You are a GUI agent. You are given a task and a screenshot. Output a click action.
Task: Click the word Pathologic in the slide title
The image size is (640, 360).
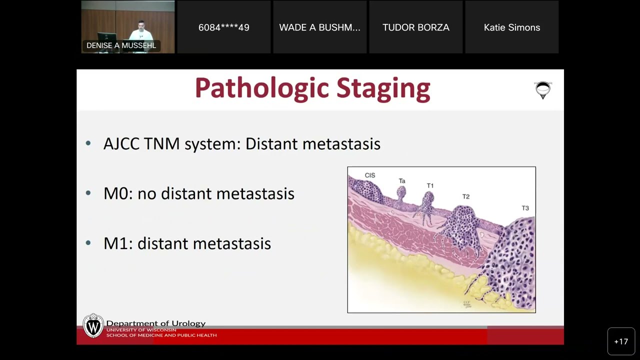click(x=262, y=88)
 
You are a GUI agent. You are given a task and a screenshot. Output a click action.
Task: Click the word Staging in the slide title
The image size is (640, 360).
click(x=383, y=88)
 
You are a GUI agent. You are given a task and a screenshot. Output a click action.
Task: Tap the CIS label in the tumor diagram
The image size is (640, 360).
click(x=370, y=175)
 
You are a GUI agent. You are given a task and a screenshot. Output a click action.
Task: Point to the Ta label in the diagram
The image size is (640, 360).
click(x=402, y=181)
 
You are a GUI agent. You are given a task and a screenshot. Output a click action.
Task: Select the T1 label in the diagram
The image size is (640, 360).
click(x=430, y=186)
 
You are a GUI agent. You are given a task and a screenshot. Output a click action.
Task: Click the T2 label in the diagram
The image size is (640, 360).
click(x=466, y=196)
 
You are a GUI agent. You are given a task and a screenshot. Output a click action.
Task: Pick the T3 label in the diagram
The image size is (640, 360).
click(x=525, y=208)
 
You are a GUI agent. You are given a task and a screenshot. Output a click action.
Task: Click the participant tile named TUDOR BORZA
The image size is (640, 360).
click(x=416, y=27)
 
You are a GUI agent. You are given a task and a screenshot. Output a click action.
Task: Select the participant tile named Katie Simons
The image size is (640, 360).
click(x=512, y=27)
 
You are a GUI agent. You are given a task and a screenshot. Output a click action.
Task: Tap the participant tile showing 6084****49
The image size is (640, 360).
click(x=224, y=27)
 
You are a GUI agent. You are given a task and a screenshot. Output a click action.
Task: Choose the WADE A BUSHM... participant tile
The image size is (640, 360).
click(x=320, y=27)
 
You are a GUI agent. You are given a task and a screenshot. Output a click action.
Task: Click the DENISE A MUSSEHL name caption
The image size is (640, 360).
click(x=121, y=45)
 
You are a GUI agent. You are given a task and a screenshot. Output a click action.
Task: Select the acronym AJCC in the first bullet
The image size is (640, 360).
click(x=121, y=144)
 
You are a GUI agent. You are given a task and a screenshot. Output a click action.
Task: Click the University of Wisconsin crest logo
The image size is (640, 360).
click(x=93, y=326)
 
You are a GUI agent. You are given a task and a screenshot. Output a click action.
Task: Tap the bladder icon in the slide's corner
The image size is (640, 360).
click(x=542, y=90)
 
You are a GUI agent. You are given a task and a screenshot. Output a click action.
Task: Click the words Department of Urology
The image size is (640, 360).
click(x=156, y=323)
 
